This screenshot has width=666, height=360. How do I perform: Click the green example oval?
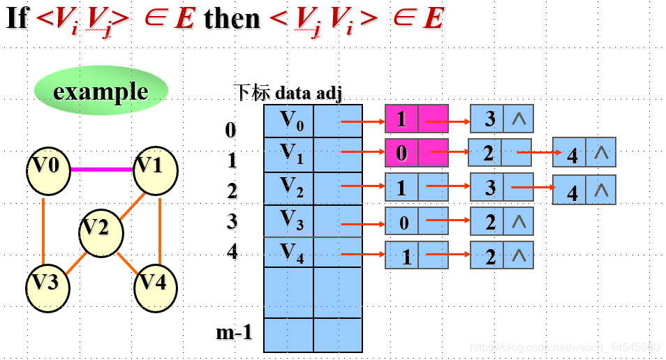pos(101,91)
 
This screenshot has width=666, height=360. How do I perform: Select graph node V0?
pos(48,170)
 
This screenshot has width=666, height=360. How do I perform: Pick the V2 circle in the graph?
pos(102,231)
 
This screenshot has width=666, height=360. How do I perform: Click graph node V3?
pos(48,287)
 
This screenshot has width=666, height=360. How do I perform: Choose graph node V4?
pos(155,287)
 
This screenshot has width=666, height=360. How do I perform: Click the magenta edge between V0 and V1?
pos(102,169)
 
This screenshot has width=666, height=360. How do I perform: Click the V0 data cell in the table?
pos(289,121)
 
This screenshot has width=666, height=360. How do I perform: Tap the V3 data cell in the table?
pos(289,221)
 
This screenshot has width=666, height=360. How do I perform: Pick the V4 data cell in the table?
pos(289,254)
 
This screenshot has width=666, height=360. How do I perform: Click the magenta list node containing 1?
pos(416,119)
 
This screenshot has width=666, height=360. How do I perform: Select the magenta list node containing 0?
pos(416,153)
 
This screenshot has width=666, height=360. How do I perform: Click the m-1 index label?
pos(234,333)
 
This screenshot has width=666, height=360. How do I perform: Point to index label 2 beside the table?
pos(232,190)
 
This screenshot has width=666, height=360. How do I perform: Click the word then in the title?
pos(232,18)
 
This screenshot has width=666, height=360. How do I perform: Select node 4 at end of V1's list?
pos(584,153)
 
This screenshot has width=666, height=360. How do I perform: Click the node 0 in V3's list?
pos(416,222)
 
